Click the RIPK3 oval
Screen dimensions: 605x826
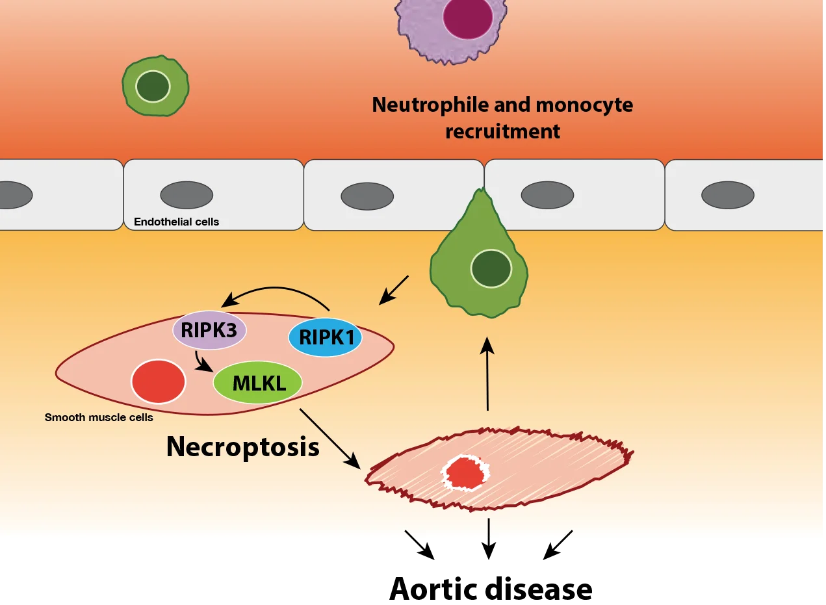(209, 330)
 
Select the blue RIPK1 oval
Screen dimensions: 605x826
(325, 337)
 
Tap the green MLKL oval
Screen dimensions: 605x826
(258, 383)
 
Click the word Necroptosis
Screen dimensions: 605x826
(242, 447)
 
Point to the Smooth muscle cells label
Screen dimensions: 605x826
(99, 417)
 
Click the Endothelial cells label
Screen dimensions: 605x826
(176, 222)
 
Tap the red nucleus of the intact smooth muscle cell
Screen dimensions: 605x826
(159, 381)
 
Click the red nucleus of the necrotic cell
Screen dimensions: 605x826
(465, 473)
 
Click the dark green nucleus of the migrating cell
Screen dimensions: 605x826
(491, 268)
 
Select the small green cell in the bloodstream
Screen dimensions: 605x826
(155, 86)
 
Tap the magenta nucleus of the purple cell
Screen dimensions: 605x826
(468, 17)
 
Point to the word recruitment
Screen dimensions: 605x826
(502, 131)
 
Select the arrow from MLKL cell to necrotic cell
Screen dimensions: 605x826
(329, 439)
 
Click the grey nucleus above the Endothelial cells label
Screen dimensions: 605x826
(187, 195)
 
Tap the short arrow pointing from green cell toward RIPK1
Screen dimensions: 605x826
(394, 290)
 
